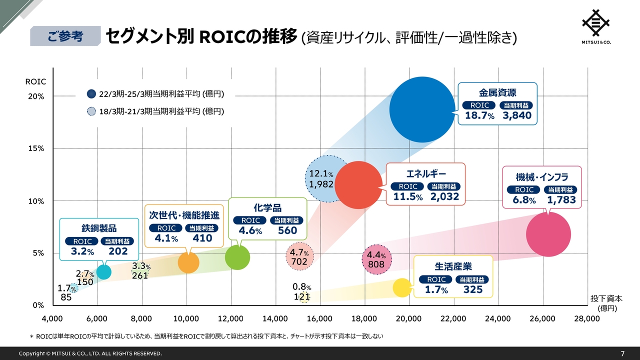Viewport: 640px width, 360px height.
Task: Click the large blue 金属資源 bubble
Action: [x=422, y=109]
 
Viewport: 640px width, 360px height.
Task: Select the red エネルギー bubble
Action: [x=358, y=185]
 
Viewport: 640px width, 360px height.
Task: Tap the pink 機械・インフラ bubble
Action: [x=548, y=234]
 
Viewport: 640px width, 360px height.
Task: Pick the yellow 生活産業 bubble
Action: [x=402, y=287]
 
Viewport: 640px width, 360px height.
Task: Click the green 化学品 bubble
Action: [x=237, y=257]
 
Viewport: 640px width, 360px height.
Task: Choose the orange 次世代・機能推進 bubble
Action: [x=188, y=262]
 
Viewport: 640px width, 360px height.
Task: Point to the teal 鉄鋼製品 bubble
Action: [x=103, y=271]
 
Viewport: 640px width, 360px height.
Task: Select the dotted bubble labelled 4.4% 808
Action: [x=376, y=259]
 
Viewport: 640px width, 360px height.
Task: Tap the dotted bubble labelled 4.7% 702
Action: [x=299, y=257]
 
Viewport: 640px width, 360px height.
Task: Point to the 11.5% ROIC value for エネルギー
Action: [x=407, y=197]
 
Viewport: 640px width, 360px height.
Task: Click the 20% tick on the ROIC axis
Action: [x=38, y=96]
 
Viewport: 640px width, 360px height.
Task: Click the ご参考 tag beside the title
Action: [x=65, y=36]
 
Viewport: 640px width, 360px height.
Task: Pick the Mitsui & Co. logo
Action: [x=596, y=27]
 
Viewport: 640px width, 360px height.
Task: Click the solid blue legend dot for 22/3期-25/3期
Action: [x=91, y=93]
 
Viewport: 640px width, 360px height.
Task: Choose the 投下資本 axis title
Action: [x=606, y=298]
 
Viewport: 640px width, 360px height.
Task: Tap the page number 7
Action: [x=622, y=353]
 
